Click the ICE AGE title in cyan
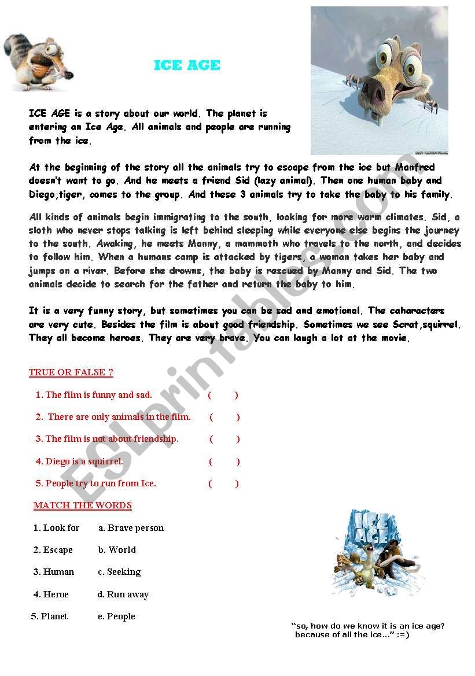pos(187,65)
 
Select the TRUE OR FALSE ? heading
pos(71,372)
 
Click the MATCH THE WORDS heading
pos(83,505)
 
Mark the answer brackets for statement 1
pos(223,395)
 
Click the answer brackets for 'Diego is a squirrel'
pos(224,461)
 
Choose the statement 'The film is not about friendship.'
pos(107,439)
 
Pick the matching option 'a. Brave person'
pos(131,528)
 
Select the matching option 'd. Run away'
pos(123,594)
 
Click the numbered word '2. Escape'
pos(53,550)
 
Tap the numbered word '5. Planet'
pos(49,616)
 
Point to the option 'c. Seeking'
pos(119,572)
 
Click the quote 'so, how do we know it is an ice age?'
pos(368,626)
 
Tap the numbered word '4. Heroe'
pos(51,594)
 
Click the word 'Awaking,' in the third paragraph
pos(115,243)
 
